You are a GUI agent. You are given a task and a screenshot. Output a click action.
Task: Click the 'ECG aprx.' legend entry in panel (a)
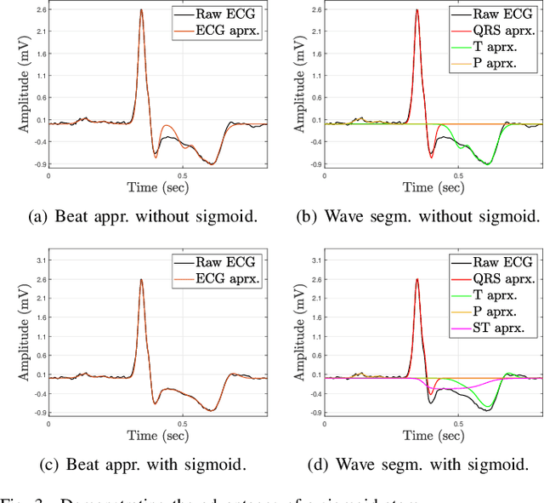229,29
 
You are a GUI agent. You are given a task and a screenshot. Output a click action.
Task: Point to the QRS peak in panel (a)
141,11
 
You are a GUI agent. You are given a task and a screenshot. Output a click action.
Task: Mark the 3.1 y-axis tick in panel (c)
37,260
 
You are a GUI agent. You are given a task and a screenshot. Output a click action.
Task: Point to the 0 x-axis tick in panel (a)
48,174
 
